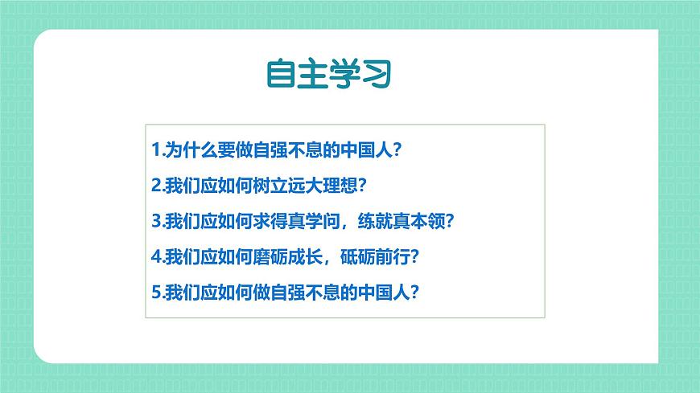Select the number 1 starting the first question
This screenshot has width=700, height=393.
click(x=155, y=150)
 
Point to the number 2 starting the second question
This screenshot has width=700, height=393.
click(x=155, y=186)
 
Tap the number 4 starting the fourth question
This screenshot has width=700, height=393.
click(x=155, y=257)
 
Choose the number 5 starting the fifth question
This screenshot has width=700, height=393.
click(x=155, y=293)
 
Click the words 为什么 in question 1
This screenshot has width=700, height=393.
click(x=186, y=150)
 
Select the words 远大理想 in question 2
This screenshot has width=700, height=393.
click(x=322, y=186)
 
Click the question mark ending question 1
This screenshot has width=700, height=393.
click(x=395, y=150)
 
